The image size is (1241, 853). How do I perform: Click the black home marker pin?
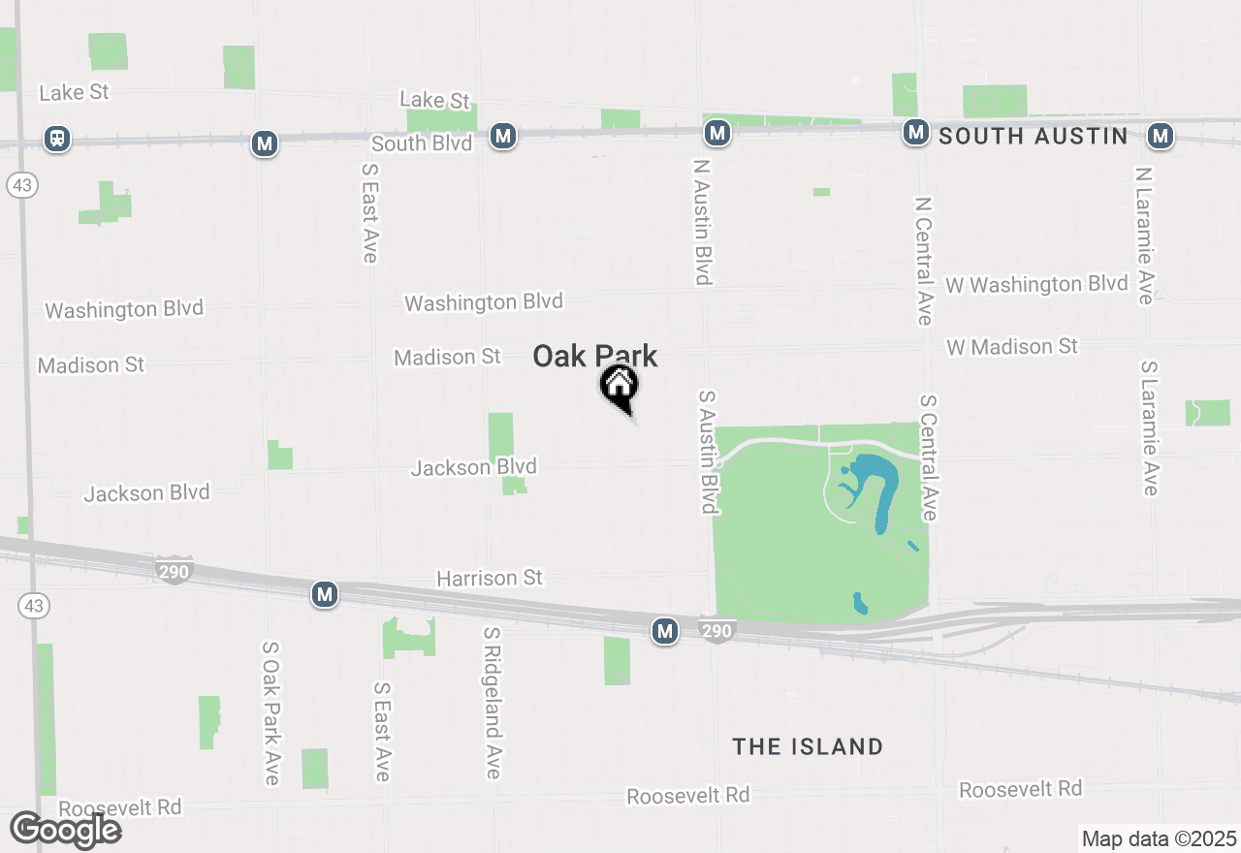click(619, 386)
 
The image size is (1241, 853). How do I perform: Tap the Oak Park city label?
click(595, 357)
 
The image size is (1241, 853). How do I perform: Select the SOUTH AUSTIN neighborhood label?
click(1034, 137)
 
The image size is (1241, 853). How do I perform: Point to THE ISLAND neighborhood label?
click(808, 746)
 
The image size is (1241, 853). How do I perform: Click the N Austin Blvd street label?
click(703, 222)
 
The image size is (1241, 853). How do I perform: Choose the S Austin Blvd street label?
click(709, 452)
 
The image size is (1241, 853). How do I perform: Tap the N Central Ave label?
click(922, 261)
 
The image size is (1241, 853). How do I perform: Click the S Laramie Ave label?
click(1149, 428)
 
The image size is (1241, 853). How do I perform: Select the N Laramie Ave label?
click(1145, 236)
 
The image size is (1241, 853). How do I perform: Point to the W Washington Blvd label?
click(1037, 284)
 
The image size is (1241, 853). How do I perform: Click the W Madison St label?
click(1012, 346)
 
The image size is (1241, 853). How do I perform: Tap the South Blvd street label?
click(422, 143)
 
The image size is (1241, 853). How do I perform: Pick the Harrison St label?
click(490, 578)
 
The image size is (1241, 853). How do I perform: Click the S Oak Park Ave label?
click(270, 712)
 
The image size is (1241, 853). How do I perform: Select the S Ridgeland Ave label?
click(492, 703)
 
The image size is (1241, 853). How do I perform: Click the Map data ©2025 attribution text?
click(1159, 838)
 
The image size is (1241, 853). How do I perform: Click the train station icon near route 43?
click(57, 139)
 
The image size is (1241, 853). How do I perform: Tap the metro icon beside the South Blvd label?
click(502, 136)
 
